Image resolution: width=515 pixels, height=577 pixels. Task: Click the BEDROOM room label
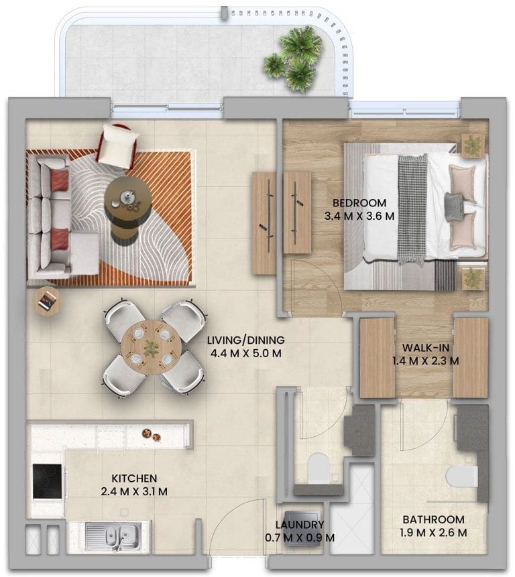click(359, 203)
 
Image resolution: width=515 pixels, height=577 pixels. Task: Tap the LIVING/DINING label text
click(246, 340)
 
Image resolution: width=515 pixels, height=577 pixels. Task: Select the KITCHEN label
click(134, 478)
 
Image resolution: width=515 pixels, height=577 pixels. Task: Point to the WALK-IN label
click(426, 348)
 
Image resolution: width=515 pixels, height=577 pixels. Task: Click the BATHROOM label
click(433, 519)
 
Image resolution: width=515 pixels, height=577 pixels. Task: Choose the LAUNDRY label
click(300, 524)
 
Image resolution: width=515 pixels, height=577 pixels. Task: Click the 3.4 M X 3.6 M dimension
click(359, 216)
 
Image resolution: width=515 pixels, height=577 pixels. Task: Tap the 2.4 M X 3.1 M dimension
click(134, 491)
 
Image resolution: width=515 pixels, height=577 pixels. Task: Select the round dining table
click(151, 347)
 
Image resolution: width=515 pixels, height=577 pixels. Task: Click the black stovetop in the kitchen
click(47, 480)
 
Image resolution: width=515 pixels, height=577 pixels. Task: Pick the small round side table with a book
click(47, 300)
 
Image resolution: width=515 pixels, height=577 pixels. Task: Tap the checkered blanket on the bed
click(412, 208)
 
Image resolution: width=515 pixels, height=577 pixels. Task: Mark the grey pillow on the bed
click(456, 206)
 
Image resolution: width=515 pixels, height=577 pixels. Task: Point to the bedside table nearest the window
click(473, 145)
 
